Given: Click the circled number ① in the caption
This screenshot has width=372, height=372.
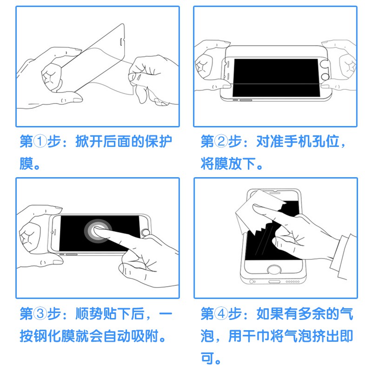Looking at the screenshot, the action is point(40,141).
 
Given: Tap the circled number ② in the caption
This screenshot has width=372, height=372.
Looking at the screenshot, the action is point(221,141).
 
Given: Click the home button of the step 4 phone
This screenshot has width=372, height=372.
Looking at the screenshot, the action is point(274,270).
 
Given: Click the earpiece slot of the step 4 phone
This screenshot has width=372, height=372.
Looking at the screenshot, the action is point(275,193).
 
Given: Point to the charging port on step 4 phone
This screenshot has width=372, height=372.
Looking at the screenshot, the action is point(274,282).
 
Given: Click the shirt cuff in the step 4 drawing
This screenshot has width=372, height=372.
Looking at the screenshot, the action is point(343,256).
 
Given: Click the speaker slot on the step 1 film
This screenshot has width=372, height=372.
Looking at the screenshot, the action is point(121,42).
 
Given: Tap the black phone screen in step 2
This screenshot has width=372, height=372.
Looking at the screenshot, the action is point(276,78).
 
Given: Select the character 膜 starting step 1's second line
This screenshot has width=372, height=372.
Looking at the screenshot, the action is point(27,164).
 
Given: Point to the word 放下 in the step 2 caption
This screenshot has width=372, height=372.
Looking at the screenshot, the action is point(242,164).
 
